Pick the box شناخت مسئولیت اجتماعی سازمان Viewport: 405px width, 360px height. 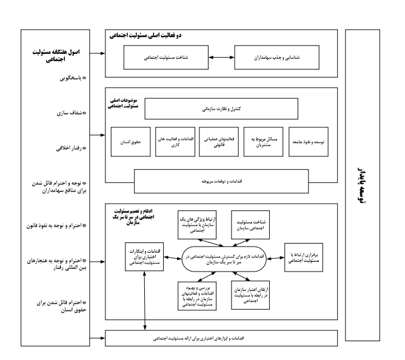249,226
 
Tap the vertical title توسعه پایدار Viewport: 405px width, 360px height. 363,182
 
